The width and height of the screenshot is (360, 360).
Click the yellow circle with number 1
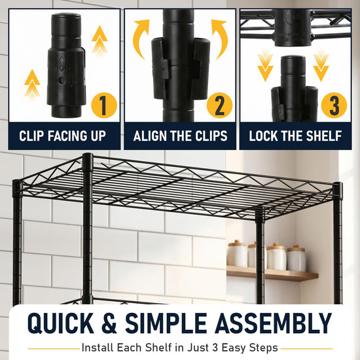[104, 105]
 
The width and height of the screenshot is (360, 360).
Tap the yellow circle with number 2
[219, 105]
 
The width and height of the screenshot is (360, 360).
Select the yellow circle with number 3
[334, 105]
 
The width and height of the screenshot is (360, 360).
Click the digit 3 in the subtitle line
[215, 348]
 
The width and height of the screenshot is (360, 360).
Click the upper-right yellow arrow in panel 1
[99, 41]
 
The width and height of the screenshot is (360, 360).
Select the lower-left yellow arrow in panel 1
[32, 84]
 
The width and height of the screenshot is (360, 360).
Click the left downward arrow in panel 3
[265, 67]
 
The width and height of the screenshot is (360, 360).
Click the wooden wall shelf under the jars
[272, 273]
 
